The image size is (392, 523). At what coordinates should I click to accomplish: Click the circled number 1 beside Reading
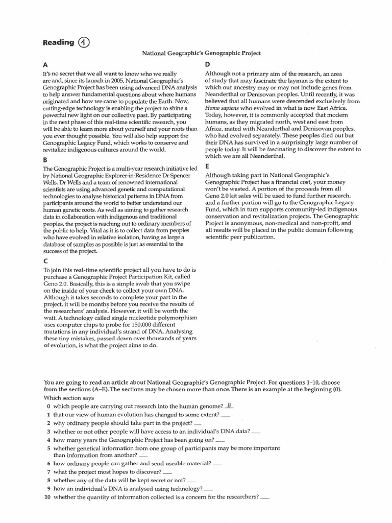pyautogui.click(x=84, y=43)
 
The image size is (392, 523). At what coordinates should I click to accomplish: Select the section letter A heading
pyautogui.click(x=45, y=65)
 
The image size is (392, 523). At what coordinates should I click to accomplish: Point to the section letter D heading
pyautogui.click(x=207, y=65)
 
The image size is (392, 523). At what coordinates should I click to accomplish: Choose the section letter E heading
pyautogui.click(x=207, y=166)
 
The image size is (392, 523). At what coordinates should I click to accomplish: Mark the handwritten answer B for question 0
pyautogui.click(x=229, y=406)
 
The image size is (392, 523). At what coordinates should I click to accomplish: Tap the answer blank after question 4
pyautogui.click(x=220, y=440)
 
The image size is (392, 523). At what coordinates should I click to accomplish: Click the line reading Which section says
pyautogui.click(x=69, y=398)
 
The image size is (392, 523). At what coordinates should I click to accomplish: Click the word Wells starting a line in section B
pyautogui.click(x=52, y=182)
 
